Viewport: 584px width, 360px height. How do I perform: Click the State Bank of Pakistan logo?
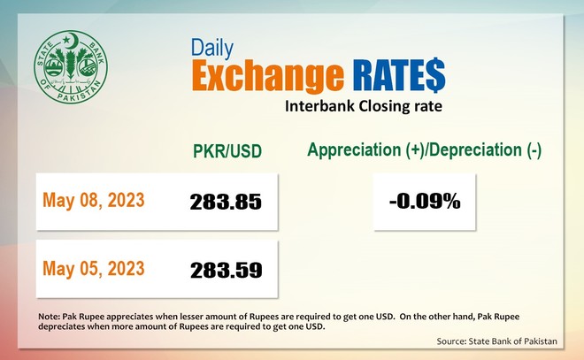click(71, 67)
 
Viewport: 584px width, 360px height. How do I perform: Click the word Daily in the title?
click(212, 48)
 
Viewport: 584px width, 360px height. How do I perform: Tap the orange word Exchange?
click(267, 75)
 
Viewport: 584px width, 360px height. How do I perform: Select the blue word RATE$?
click(399, 74)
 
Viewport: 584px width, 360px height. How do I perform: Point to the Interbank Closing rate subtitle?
click(364, 106)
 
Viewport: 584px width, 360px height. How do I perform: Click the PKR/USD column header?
click(227, 151)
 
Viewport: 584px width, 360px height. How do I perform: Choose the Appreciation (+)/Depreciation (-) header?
click(424, 150)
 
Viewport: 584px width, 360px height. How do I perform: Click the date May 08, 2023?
click(94, 200)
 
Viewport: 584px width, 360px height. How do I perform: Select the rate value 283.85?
click(226, 202)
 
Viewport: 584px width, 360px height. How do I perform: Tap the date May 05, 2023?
click(94, 268)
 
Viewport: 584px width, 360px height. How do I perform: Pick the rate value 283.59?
click(226, 271)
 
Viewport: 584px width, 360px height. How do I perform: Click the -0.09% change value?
click(425, 202)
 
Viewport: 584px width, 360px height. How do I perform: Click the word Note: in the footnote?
click(49, 317)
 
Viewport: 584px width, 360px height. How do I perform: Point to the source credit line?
click(497, 341)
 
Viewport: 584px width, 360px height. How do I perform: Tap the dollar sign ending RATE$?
click(434, 74)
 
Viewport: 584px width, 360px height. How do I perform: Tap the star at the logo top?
click(66, 39)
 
